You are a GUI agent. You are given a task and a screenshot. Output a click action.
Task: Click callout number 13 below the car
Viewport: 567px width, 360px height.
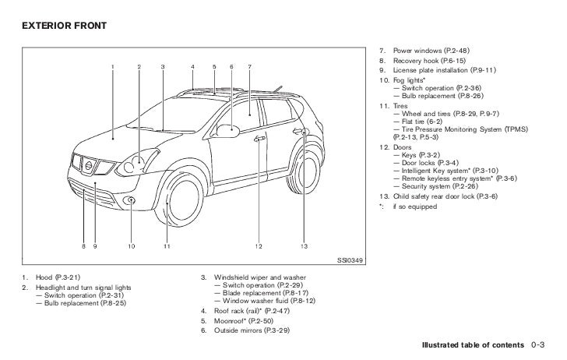(x=306, y=247)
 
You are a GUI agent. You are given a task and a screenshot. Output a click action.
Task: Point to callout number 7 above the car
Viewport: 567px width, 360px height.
(x=249, y=67)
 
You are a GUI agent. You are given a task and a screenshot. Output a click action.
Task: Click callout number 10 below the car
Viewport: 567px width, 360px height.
(x=131, y=247)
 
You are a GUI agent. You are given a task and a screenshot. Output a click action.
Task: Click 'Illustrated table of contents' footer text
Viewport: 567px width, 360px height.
(x=473, y=344)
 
